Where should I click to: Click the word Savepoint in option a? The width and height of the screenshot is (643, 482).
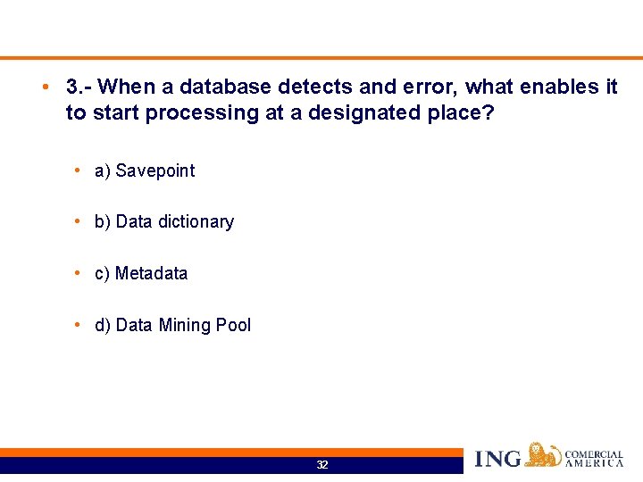coord(154,170)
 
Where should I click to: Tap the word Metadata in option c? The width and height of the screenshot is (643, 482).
coord(151,273)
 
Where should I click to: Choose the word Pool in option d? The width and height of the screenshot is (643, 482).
coord(233,325)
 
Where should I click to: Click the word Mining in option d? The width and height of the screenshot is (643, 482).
coord(184,325)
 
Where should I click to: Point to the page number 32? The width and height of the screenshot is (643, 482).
coord(322,465)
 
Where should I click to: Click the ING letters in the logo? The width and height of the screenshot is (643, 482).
coord(497,459)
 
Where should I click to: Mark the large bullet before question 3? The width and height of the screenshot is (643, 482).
coord(44,87)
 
